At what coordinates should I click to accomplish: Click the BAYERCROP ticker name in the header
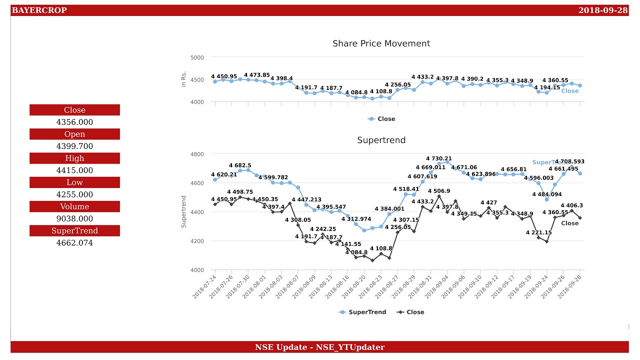tap(39, 10)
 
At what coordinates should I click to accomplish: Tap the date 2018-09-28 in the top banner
tap(602, 10)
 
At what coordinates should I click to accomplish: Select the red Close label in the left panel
tap(74, 110)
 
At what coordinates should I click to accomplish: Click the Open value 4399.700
tap(74, 146)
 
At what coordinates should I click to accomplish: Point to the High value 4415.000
tap(74, 170)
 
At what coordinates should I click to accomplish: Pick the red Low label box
tap(74, 182)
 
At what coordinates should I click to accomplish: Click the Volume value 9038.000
tap(74, 219)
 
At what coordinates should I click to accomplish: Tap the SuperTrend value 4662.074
tap(74, 243)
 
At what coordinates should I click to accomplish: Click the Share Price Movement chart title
tap(381, 43)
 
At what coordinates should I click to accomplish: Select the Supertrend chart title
tap(381, 140)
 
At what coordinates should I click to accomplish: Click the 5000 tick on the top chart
tap(197, 57)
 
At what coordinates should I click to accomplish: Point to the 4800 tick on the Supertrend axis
tap(197, 154)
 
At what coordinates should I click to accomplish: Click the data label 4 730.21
tap(438, 159)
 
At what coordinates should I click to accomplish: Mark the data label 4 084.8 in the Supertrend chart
tap(356, 252)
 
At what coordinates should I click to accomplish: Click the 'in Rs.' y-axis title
tap(183, 79)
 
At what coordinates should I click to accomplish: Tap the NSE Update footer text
tap(319, 347)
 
